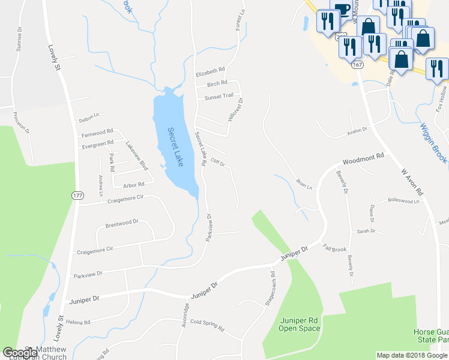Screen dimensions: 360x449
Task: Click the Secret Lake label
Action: pyautogui.click(x=175, y=148)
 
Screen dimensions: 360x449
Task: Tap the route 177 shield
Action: pyautogui.click(x=77, y=196)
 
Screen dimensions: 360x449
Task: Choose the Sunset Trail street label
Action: pyautogui.click(x=219, y=96)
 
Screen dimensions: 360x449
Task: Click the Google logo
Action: pyautogui.click(x=20, y=353)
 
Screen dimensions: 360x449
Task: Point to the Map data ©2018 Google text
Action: pyautogui.click(x=412, y=355)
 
